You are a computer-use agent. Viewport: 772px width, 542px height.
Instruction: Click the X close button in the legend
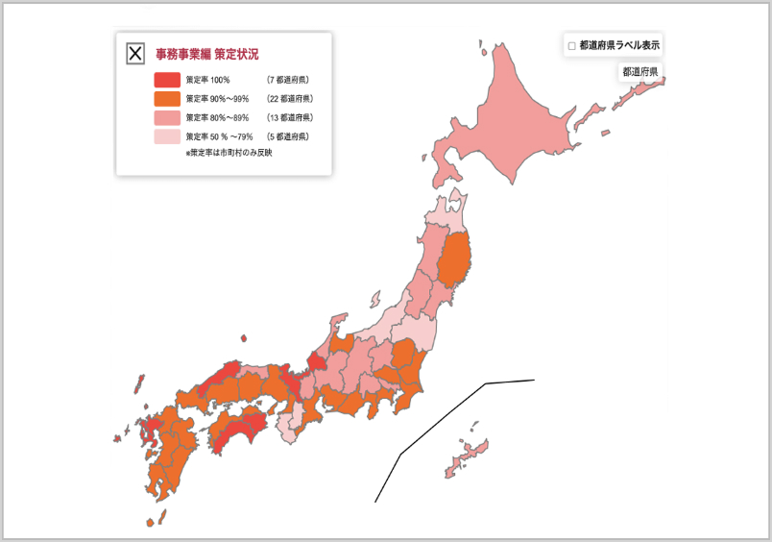pos(135,54)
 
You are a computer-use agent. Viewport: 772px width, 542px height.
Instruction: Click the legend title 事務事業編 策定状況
pos(206,54)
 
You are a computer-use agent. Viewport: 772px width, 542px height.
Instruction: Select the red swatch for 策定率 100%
pos(166,80)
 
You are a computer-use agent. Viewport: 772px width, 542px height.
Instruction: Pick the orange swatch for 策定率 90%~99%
pos(166,99)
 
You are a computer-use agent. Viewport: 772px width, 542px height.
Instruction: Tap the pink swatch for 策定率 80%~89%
pos(166,118)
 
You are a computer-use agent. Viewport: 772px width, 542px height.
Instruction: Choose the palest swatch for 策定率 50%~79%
pos(166,137)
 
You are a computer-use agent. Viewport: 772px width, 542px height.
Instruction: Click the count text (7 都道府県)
pos(288,80)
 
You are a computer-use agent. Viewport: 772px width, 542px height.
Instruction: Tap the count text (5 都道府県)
pos(288,137)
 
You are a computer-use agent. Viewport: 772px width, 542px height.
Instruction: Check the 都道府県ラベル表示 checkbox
pos(572,46)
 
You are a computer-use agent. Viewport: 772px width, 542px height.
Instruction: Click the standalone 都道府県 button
pos(639,72)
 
